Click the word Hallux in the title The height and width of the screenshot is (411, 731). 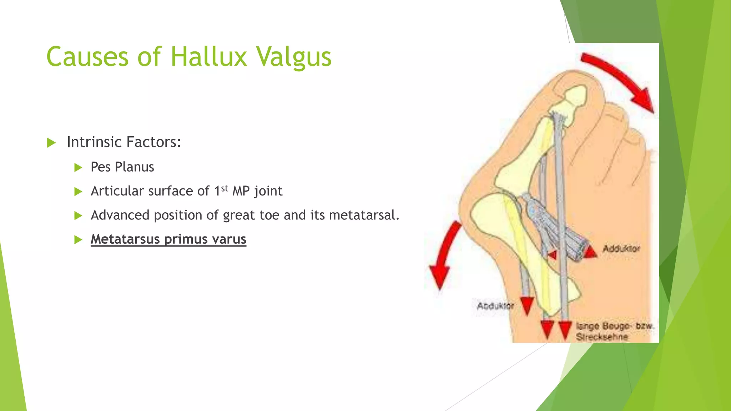(x=208, y=57)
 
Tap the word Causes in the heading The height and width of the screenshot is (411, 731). (x=87, y=57)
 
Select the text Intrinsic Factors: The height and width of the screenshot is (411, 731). (x=124, y=142)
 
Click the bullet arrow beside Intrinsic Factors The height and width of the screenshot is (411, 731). (x=51, y=143)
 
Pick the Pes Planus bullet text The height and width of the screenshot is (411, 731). (x=122, y=167)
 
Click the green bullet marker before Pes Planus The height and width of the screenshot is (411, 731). (x=78, y=167)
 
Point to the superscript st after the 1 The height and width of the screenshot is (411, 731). (x=225, y=188)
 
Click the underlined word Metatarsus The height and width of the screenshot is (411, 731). (x=125, y=239)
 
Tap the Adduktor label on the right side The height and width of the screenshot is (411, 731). (x=621, y=249)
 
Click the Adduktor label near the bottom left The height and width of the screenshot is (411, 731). (x=495, y=306)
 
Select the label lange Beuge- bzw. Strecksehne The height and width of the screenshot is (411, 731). (x=614, y=331)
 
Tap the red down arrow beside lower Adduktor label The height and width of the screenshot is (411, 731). (x=527, y=306)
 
